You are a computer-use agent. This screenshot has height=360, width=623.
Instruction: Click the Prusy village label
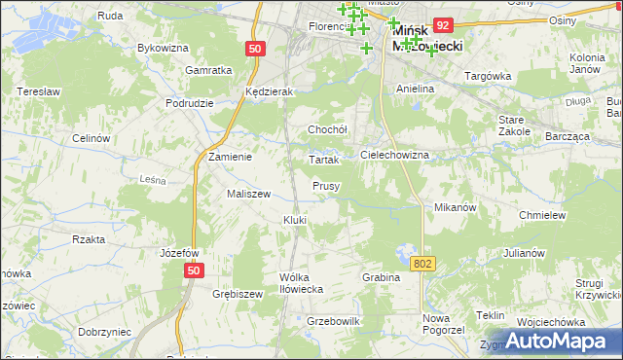325,186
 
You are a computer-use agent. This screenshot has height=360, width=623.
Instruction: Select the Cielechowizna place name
394,155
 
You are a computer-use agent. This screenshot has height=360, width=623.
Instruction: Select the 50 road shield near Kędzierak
255,48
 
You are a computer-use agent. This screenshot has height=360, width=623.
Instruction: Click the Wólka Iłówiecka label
300,282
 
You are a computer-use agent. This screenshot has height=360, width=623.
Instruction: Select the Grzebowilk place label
334,321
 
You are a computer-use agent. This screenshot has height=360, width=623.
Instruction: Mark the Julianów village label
524,253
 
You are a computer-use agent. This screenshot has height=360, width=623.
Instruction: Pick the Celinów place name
90,138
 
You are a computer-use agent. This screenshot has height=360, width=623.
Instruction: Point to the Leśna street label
154,179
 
